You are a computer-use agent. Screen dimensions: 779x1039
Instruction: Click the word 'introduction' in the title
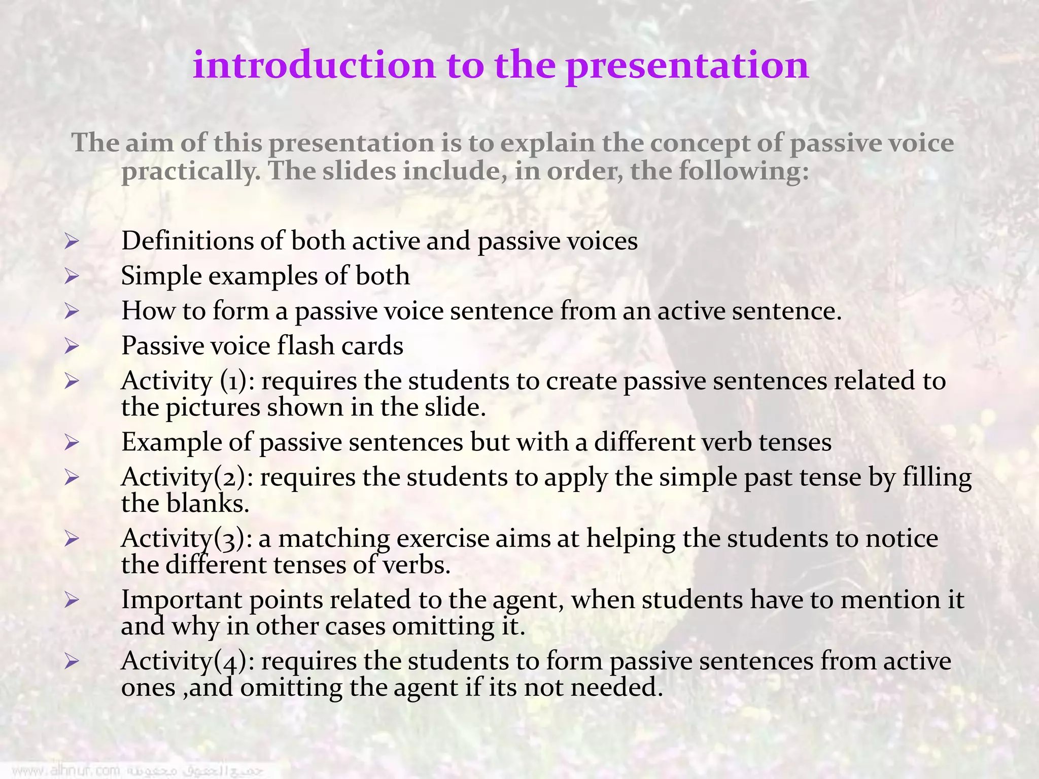(x=314, y=65)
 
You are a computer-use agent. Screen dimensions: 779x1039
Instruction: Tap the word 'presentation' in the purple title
(x=687, y=66)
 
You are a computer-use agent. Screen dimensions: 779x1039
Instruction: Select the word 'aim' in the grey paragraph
(x=149, y=143)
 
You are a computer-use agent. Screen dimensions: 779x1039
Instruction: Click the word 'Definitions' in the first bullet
(x=187, y=240)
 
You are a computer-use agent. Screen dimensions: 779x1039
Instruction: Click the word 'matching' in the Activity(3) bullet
(x=334, y=539)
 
